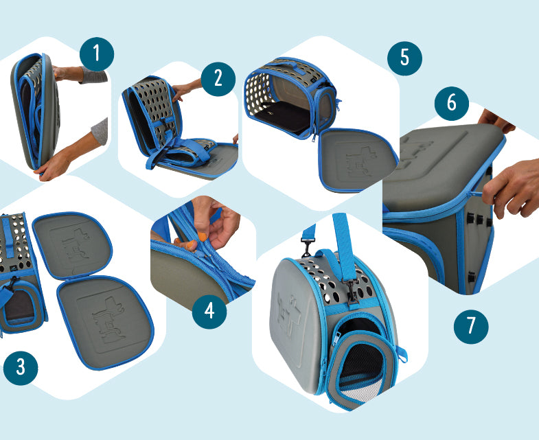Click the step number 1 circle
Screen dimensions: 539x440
(97, 54)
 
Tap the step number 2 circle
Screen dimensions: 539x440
(218, 79)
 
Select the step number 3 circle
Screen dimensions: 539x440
(21, 368)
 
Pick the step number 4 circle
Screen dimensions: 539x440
(209, 312)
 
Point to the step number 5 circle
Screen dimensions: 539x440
(404, 58)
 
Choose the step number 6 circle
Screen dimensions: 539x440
(452, 103)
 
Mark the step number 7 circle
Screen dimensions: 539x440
(471, 327)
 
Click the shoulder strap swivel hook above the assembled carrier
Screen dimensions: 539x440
(307, 248)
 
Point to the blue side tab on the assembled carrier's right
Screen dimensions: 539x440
(402, 354)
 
